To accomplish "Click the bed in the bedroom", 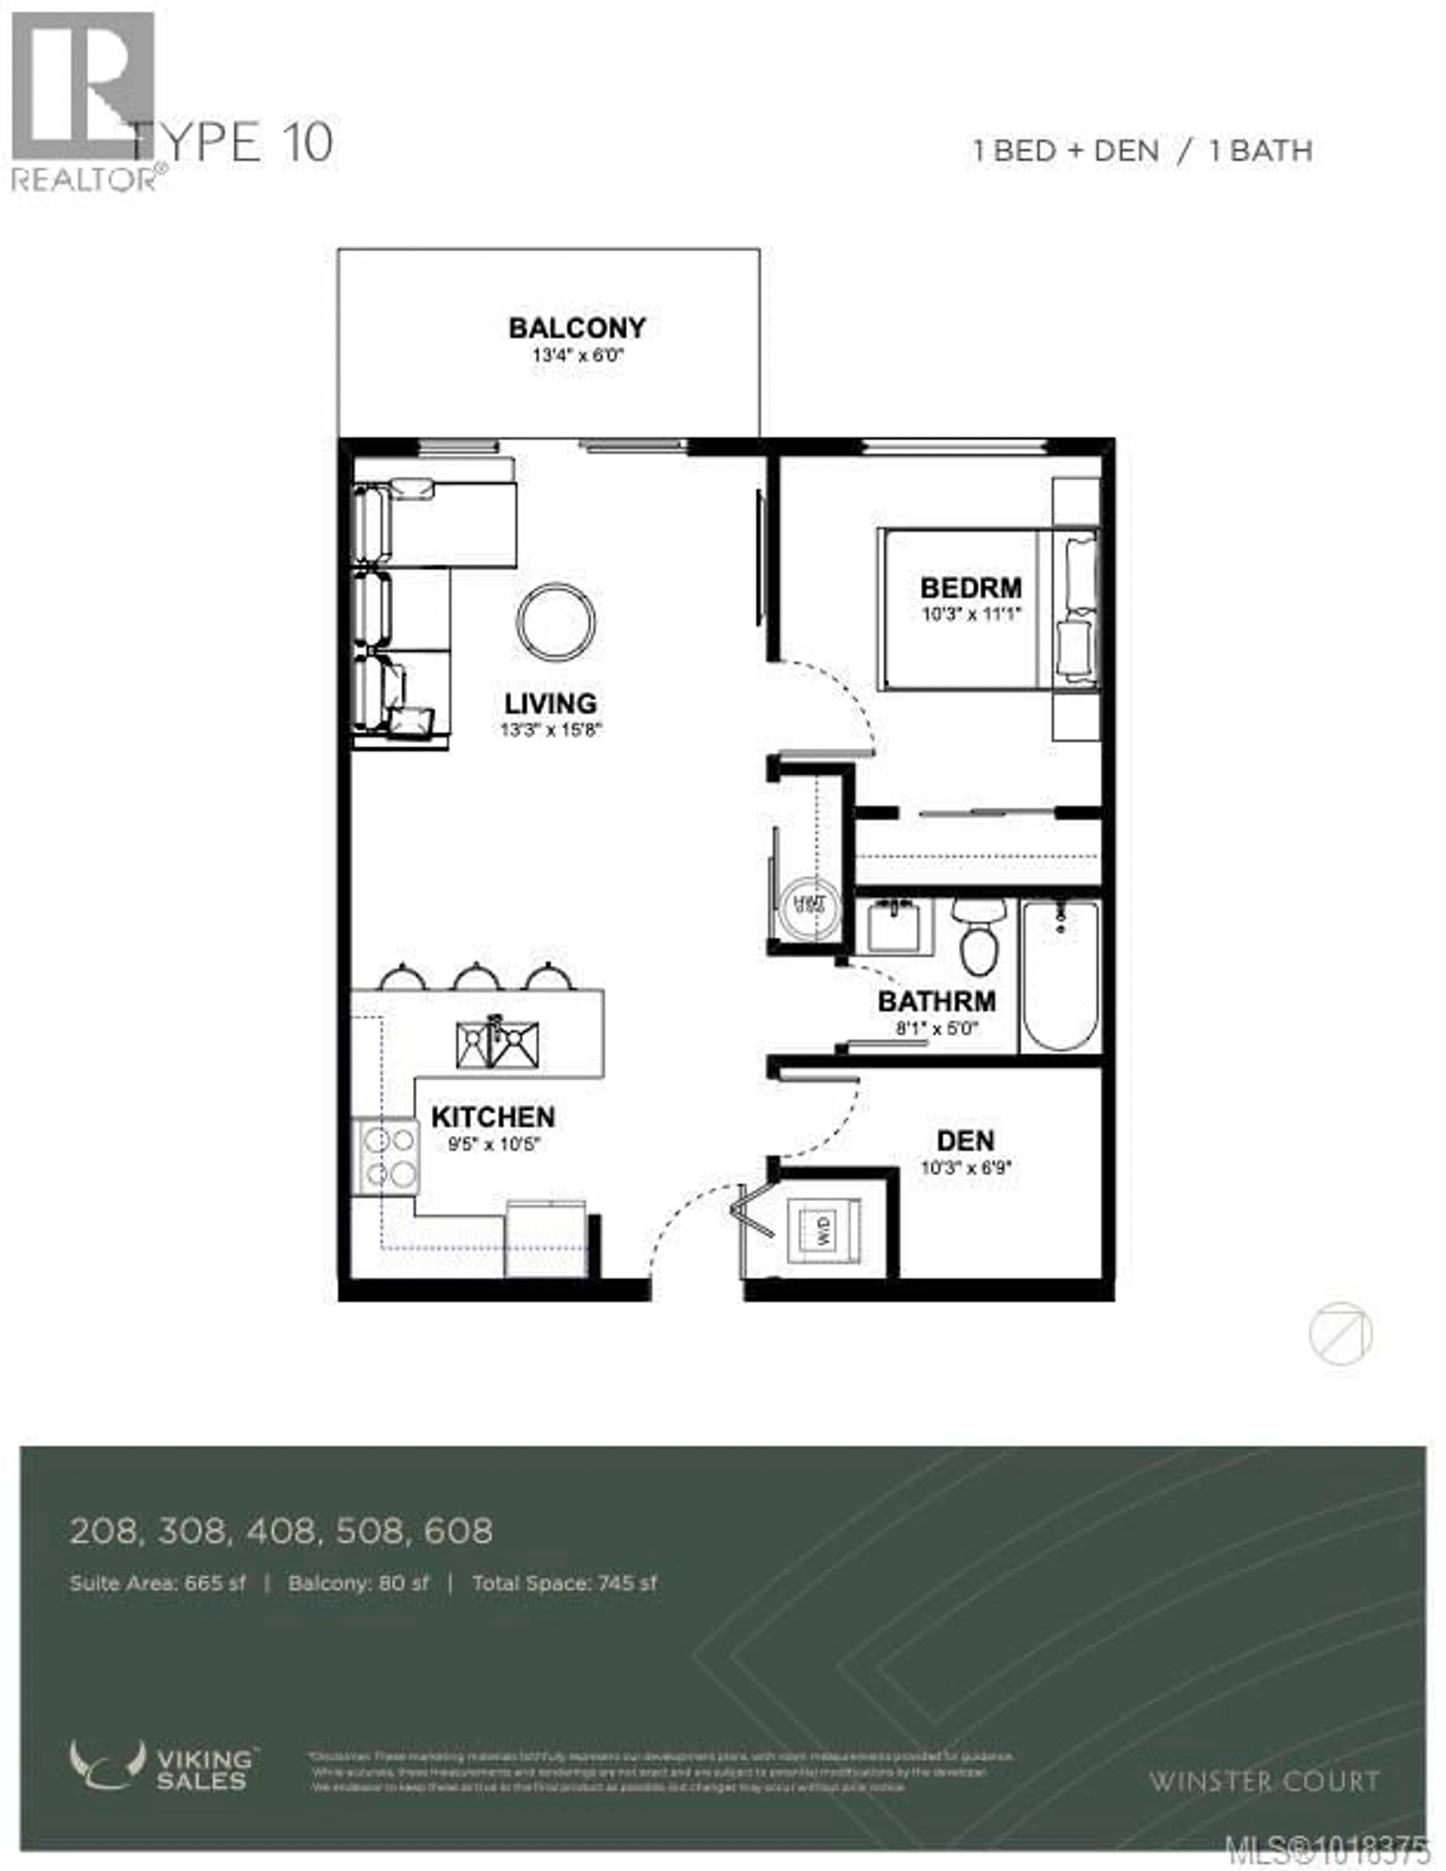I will pos(985,608).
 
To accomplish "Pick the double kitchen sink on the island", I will pos(497,1045).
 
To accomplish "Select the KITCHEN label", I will pos(493,1117).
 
